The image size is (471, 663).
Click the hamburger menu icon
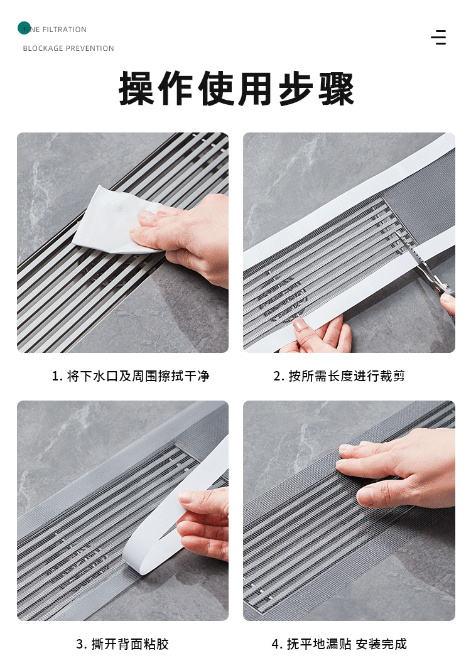(x=438, y=37)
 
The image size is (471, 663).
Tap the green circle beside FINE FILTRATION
(x=24, y=28)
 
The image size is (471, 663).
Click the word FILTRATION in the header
(x=64, y=30)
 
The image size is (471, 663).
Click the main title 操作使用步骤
(x=236, y=89)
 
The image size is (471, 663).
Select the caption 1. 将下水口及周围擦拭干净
(x=131, y=376)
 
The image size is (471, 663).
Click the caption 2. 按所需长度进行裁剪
(x=339, y=376)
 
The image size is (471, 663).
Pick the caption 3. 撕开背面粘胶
(x=122, y=644)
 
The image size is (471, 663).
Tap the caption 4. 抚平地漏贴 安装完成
(x=339, y=644)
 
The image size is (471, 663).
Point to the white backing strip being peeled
(x=178, y=516)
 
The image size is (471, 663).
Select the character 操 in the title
(x=137, y=89)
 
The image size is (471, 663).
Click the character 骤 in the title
(x=336, y=89)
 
